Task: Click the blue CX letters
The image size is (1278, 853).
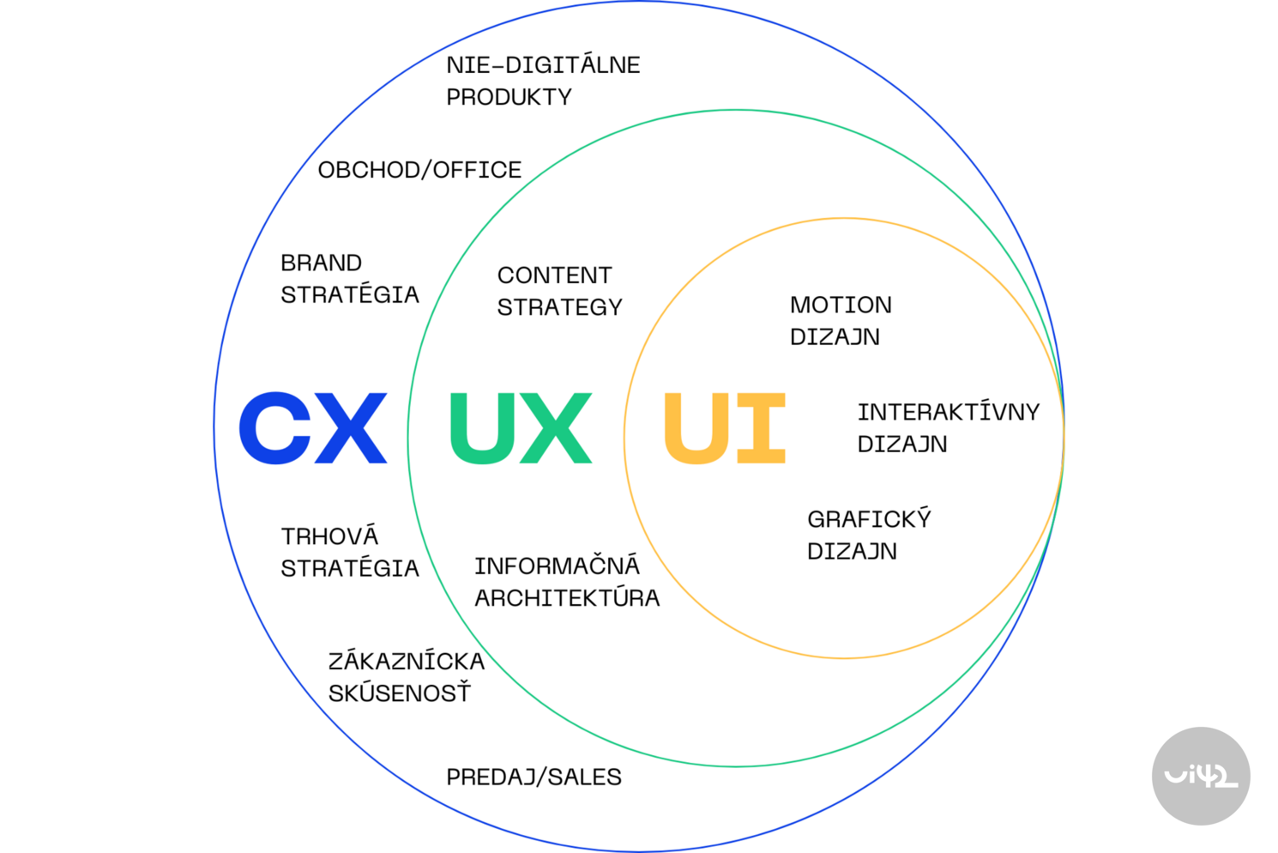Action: [x=313, y=428]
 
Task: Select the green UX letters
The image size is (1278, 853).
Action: [x=521, y=428]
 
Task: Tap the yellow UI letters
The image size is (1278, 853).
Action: [x=725, y=428]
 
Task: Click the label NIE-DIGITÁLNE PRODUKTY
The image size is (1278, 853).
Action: [x=542, y=81]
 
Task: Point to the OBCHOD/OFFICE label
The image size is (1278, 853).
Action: [x=419, y=170]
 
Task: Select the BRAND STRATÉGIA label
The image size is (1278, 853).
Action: [x=349, y=279]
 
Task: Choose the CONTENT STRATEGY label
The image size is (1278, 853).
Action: [x=559, y=291]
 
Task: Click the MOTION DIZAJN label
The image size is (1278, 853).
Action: [x=841, y=321]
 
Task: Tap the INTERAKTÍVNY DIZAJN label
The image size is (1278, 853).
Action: [x=948, y=427]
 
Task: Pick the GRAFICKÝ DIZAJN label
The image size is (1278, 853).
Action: [x=868, y=535]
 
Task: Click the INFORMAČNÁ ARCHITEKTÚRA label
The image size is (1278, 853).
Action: [x=567, y=582]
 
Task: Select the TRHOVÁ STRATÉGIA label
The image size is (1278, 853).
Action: [x=349, y=552]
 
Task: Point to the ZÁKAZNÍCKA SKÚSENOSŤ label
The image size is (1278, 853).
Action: [x=406, y=677]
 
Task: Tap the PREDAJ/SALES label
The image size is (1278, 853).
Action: [x=534, y=777]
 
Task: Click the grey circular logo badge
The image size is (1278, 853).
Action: [x=1200, y=776]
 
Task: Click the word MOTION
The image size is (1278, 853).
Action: [x=841, y=305]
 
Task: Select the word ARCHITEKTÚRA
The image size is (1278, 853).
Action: [x=567, y=598]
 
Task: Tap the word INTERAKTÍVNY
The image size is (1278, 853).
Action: [x=948, y=412]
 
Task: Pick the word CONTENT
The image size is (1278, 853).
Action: [x=554, y=275]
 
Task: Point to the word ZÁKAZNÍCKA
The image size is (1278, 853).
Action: [x=406, y=661]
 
